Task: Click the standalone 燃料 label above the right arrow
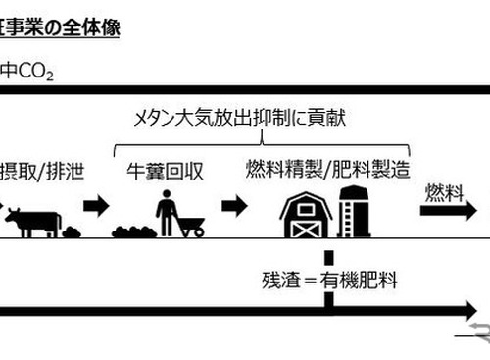[x=442, y=192]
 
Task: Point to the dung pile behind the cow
[x=72, y=231]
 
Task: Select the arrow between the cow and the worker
[x=97, y=207]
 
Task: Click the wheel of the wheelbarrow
[x=197, y=231]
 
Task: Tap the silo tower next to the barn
[x=351, y=212]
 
